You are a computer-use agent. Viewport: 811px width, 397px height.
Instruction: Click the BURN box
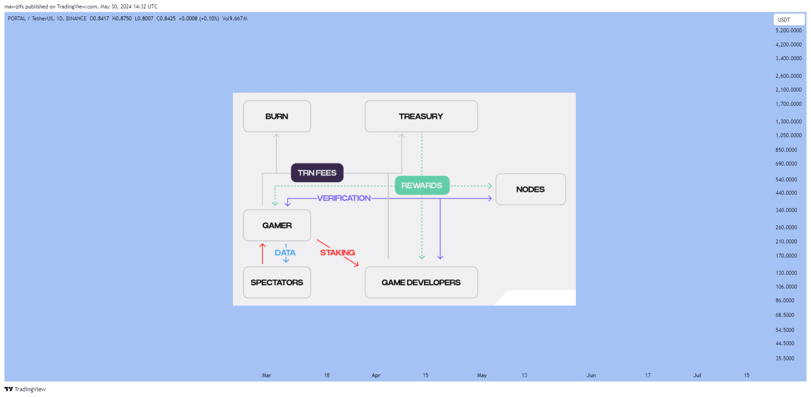coord(277,116)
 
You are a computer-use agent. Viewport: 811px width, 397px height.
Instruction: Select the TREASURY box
coord(421,116)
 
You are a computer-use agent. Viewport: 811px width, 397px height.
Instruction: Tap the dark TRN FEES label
coord(317,173)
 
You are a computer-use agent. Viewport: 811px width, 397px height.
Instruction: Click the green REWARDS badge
coord(422,185)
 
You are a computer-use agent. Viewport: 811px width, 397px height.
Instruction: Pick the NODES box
coord(530,189)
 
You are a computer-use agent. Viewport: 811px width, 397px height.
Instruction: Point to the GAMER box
coord(277,225)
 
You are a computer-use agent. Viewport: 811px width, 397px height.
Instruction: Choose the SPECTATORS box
coord(277,282)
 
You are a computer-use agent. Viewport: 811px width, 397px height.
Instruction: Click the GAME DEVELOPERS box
coord(421,282)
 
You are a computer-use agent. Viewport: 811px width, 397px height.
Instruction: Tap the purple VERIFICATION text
coord(344,198)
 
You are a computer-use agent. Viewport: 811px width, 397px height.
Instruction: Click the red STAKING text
coord(338,253)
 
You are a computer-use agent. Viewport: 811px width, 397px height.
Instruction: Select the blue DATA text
coord(285,253)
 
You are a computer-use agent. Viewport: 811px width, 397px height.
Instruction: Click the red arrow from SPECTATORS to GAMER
coord(263,254)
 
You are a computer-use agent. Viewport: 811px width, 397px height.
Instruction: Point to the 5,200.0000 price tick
coord(788,31)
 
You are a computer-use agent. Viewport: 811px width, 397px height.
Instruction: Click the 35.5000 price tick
coord(785,358)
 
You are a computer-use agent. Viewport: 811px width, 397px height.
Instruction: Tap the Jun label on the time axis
coord(591,375)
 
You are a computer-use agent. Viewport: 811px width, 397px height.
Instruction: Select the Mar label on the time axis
coord(267,375)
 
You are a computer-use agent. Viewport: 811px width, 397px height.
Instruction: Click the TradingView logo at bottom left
coord(25,389)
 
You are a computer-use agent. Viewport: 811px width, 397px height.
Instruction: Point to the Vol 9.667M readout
coord(235,19)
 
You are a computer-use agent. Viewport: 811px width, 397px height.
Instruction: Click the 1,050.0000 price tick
coord(788,135)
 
